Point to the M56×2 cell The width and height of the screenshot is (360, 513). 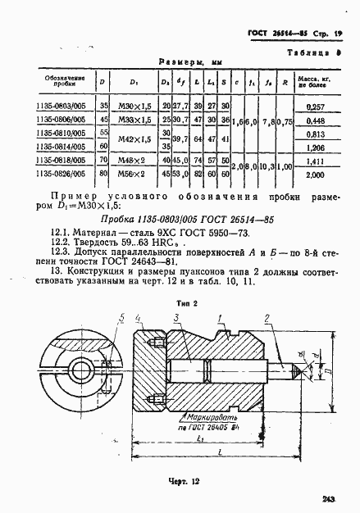[133, 175]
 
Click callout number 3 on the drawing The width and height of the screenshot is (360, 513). [175, 295]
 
